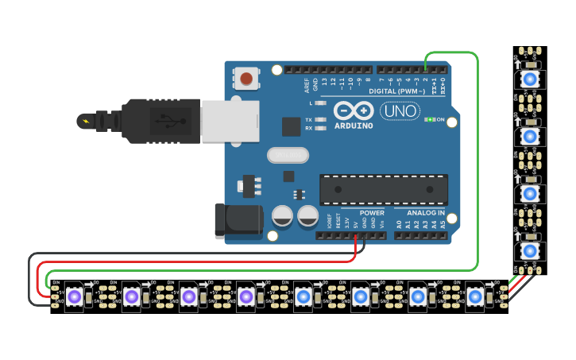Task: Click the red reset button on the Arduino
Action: click(x=246, y=79)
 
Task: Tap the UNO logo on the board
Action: click(x=400, y=112)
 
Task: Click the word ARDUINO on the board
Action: click(x=353, y=126)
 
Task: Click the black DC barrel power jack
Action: click(x=238, y=220)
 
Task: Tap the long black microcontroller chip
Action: click(x=383, y=190)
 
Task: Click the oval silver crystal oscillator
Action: click(x=287, y=156)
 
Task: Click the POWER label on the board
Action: click(x=372, y=213)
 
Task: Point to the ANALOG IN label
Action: click(x=426, y=213)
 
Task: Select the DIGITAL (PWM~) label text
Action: click(x=407, y=91)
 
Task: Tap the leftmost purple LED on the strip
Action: click(x=74, y=297)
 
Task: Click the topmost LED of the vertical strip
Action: click(x=530, y=79)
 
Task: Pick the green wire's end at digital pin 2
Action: click(x=425, y=69)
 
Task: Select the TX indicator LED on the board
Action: click(x=319, y=120)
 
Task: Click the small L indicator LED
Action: click(x=319, y=103)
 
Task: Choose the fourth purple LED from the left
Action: click(x=245, y=297)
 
